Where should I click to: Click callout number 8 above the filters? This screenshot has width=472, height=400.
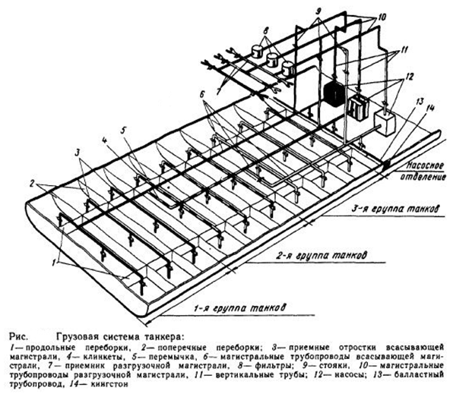tap(267, 34)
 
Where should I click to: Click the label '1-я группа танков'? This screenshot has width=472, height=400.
tap(238, 308)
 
